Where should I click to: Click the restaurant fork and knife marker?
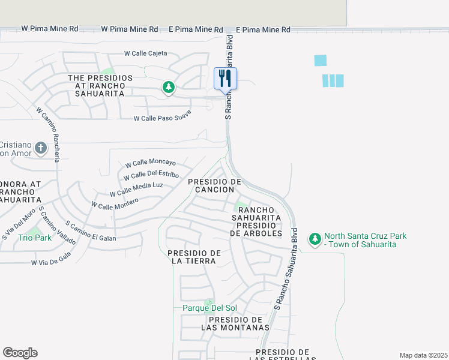226,78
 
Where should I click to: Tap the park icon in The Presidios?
169,88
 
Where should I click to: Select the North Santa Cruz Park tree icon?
315,239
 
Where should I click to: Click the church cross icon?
41,148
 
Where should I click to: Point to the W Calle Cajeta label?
146,53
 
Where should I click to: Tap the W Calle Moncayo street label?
150,163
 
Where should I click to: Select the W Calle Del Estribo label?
151,176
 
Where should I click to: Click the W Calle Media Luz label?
136,189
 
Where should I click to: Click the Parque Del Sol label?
210,308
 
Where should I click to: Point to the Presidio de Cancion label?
214,185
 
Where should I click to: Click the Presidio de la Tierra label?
194,256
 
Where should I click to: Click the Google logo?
20,353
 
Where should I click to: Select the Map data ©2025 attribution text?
423,355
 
